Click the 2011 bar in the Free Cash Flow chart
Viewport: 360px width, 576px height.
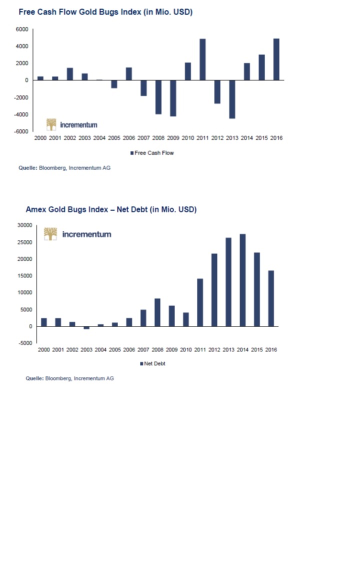202,59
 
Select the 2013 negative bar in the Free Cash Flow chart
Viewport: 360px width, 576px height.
232,99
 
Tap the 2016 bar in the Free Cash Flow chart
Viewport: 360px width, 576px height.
276,59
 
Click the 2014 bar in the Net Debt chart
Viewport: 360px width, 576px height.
242,280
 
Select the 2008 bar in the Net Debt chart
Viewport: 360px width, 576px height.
157,312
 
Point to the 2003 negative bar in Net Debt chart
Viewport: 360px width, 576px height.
86,327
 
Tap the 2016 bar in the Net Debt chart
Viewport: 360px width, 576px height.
271,298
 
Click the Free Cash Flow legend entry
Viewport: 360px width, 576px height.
152,153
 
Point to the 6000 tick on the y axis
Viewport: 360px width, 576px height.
22,29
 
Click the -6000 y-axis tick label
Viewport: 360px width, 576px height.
21,131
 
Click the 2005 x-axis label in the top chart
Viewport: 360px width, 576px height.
114,138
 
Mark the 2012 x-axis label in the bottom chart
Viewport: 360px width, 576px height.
214,349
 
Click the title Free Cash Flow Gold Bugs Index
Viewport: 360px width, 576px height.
105,12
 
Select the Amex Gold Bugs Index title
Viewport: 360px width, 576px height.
111,209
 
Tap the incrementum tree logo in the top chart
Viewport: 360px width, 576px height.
51,124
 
